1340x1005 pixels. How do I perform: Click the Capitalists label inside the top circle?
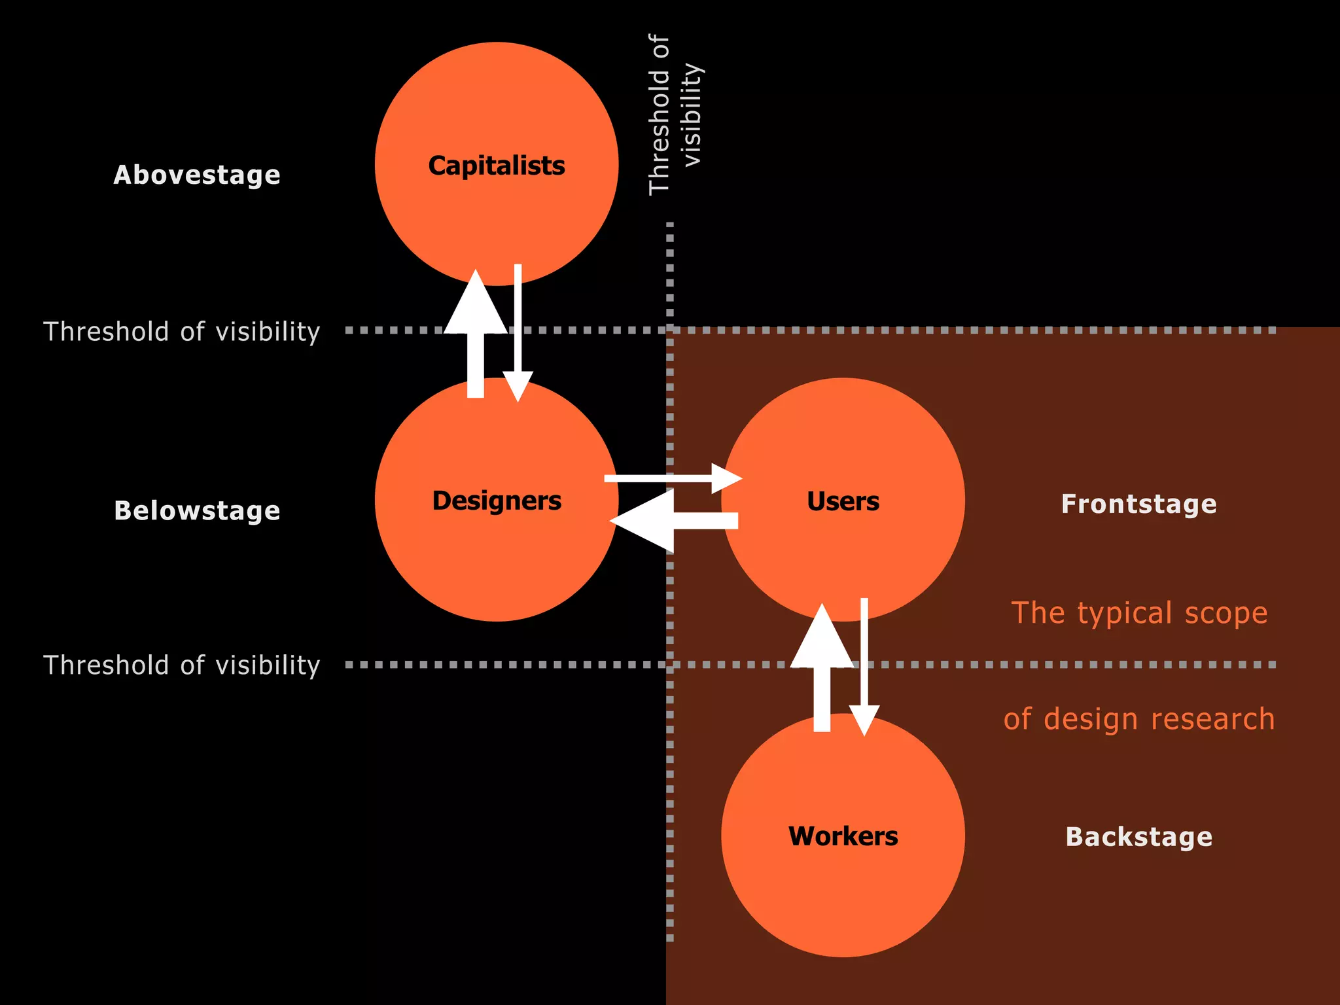point(496,166)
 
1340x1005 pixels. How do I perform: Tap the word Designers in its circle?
point(496,501)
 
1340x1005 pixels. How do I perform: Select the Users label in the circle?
point(843,502)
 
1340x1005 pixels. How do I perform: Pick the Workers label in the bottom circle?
point(843,837)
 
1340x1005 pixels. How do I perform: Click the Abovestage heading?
point(197,175)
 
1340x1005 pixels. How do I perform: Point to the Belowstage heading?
point(197,511)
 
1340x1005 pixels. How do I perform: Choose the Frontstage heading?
point(1138,504)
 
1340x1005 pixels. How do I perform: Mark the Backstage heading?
point(1138,837)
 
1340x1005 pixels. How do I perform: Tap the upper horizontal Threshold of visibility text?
point(181,332)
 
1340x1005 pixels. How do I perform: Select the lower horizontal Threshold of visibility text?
point(181,665)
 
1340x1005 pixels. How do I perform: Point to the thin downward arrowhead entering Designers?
point(518,385)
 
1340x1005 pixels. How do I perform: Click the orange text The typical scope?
point(1138,614)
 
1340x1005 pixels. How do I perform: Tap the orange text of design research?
point(1138,719)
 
